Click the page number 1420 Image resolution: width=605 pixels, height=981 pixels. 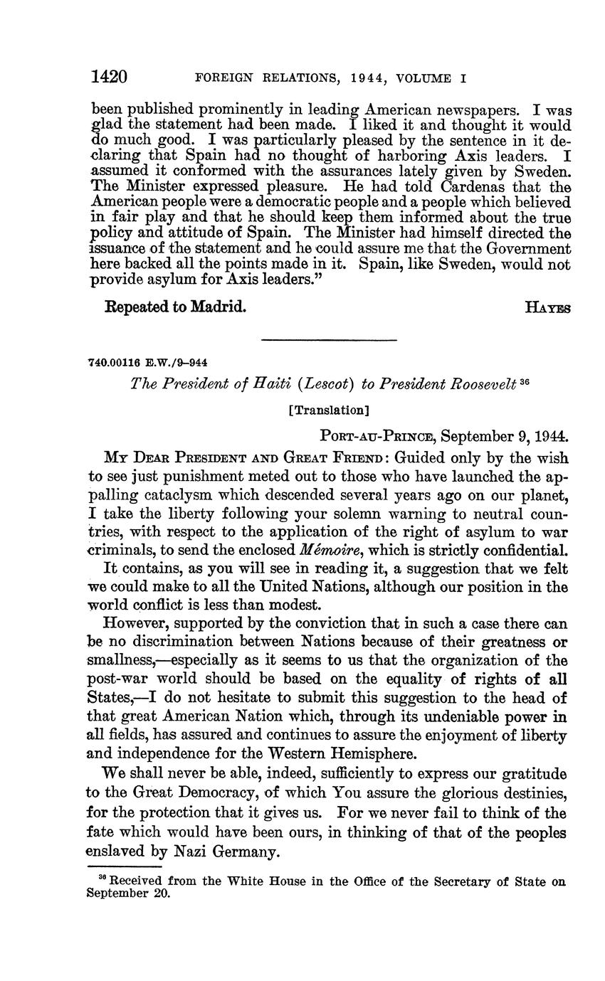[x=109, y=77]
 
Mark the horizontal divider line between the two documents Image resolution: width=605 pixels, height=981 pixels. [x=328, y=340]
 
